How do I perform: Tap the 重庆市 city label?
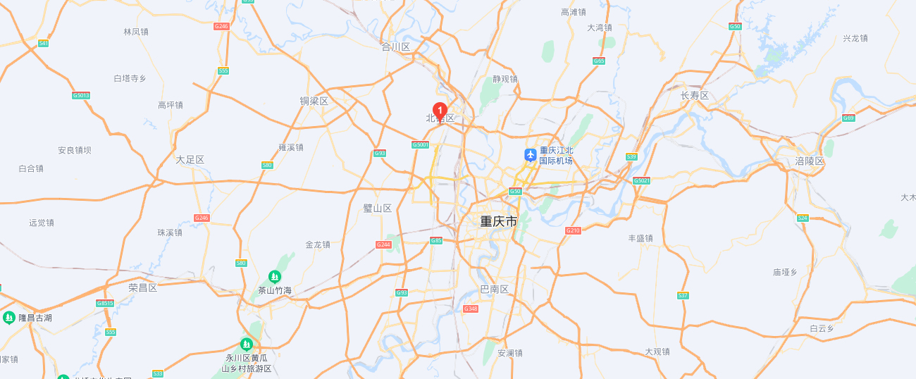tap(499, 221)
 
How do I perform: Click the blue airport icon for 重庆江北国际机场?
tap(531, 155)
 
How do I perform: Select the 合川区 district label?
tap(395, 46)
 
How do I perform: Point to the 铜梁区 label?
tap(314, 101)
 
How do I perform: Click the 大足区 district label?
tap(190, 160)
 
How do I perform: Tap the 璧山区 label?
tap(378, 208)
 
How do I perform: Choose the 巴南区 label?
tap(494, 290)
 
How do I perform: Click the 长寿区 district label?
tap(695, 96)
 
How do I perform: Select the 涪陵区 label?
tap(810, 161)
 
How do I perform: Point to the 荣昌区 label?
tap(143, 287)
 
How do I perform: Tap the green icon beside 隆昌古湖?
tap(9, 318)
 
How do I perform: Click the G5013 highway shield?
tap(81, 95)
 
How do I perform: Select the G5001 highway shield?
tap(421, 144)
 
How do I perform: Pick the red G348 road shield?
tap(471, 309)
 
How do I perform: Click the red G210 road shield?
tap(573, 230)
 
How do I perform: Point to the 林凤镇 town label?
tap(136, 32)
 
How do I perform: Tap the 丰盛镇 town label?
tap(640, 238)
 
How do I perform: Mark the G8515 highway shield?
tap(105, 303)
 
